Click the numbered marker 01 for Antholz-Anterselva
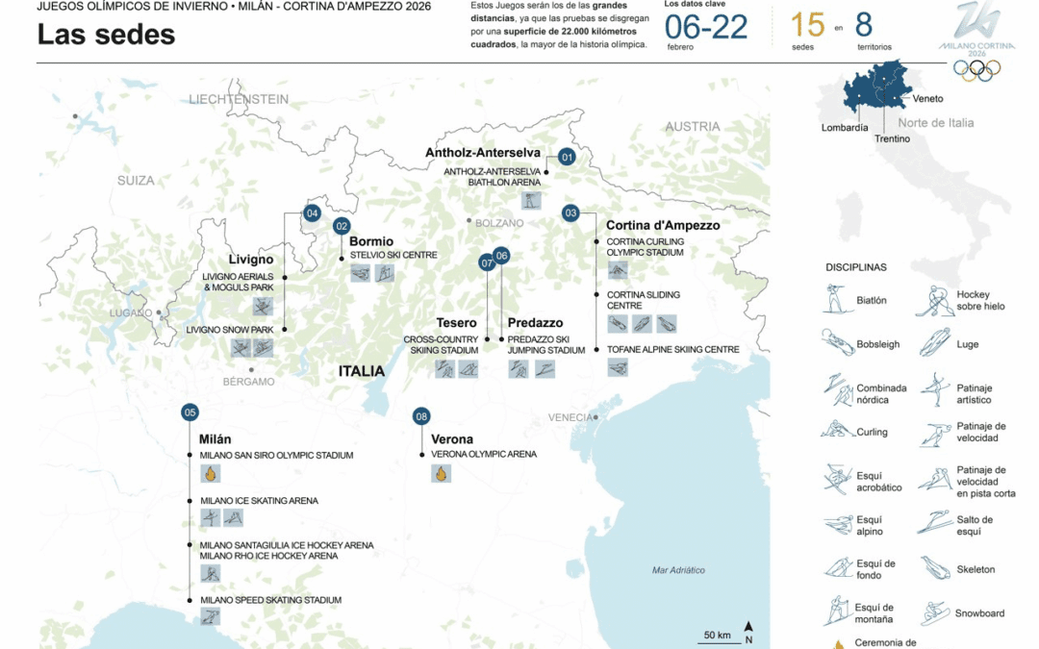tap(567, 157)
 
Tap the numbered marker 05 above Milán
tap(190, 412)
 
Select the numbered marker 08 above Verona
tap(421, 416)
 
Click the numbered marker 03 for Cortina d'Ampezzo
tap(570, 212)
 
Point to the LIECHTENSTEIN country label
tap(239, 99)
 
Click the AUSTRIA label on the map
tap(693, 126)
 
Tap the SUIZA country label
tap(136, 180)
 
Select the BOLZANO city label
tap(499, 223)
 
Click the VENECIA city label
tap(571, 416)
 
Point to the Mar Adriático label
tap(678, 570)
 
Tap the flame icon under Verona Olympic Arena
tap(441, 473)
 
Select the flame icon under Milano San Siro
tap(210, 473)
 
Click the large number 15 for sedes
tap(808, 26)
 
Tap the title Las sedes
tap(106, 35)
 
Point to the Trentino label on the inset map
tap(892, 138)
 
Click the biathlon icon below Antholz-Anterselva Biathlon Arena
tap(531, 201)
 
